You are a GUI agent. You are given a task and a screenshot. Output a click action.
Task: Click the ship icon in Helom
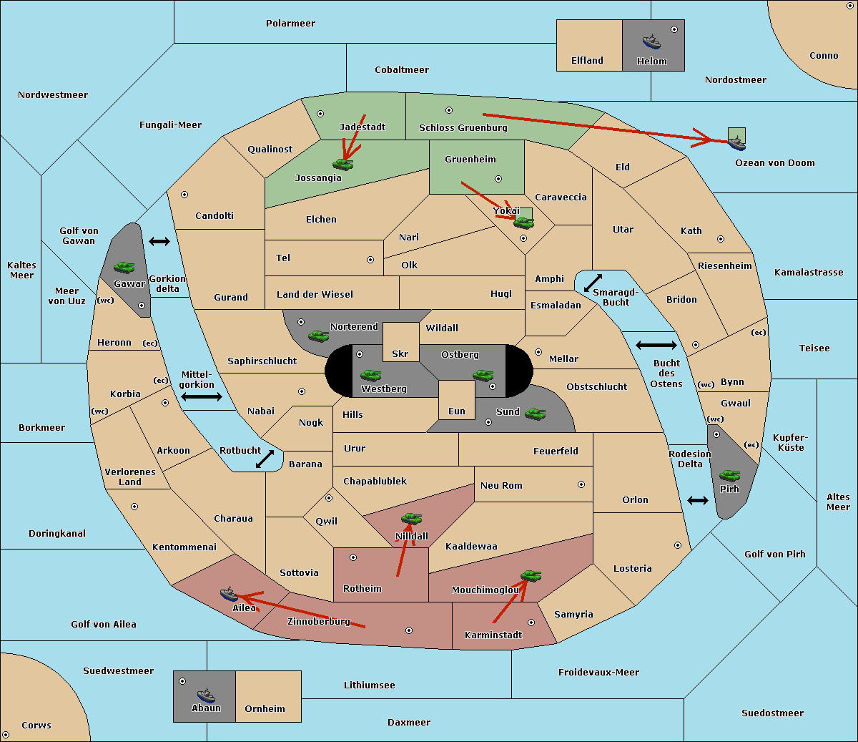point(651,42)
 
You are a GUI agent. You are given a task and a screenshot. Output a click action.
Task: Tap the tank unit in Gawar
point(124,268)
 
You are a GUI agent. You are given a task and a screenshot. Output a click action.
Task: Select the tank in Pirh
point(730,475)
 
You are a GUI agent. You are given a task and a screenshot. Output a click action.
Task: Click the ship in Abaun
point(206,695)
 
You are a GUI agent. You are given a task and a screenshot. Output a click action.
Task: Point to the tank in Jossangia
point(343,164)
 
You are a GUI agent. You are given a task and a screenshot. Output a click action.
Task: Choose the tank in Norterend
point(319,336)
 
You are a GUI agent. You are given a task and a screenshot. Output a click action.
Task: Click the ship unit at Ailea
point(229,594)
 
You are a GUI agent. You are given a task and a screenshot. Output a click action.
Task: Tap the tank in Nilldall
point(411,518)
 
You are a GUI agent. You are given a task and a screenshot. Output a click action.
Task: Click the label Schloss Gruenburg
point(463,128)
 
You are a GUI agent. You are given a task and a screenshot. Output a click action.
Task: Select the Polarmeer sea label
point(290,24)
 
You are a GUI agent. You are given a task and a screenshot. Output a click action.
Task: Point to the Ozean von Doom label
point(774,163)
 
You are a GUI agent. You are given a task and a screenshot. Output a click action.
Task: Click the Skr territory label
point(400,354)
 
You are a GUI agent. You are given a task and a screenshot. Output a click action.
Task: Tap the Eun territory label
point(456,411)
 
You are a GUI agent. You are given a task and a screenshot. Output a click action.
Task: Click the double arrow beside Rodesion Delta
point(698,500)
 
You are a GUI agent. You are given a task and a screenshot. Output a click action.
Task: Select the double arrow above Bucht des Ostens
point(656,346)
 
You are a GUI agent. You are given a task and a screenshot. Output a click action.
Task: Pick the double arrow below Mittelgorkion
point(202,396)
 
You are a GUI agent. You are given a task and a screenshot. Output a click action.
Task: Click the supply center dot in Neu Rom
point(581,484)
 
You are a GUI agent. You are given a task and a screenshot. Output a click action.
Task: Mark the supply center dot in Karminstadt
point(531,623)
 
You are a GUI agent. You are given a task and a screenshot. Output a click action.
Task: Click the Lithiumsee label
point(369,685)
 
